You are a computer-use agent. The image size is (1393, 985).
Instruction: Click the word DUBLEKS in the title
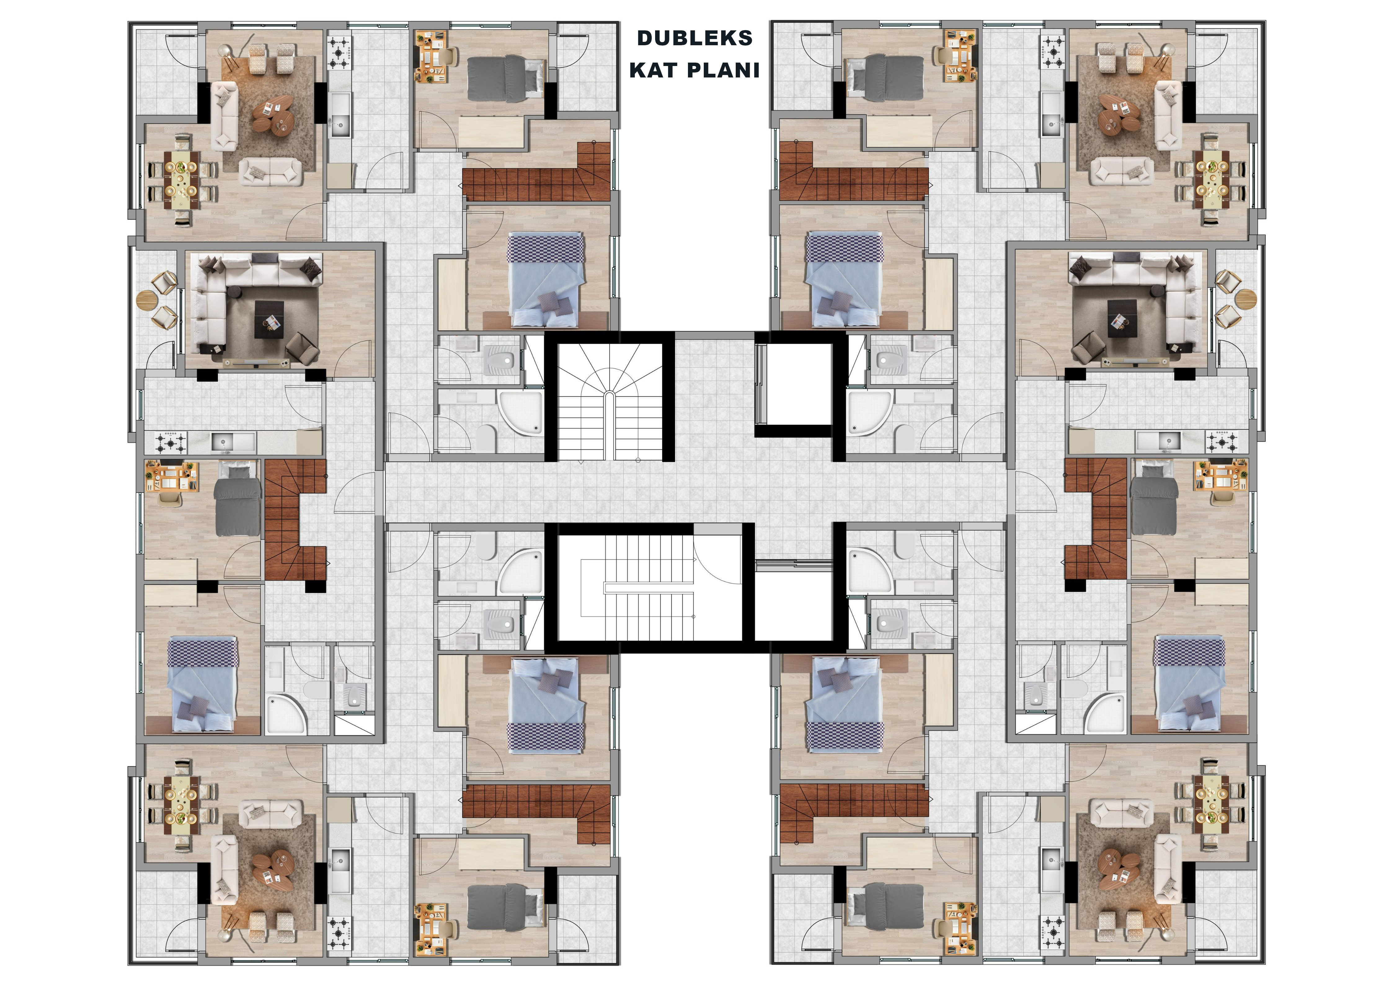coord(695,38)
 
